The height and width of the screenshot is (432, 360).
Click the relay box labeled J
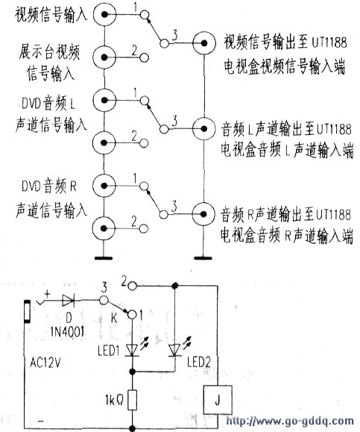click(x=218, y=400)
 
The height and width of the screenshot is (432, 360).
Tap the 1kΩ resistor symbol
click(x=133, y=400)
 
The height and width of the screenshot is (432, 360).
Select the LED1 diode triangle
click(x=133, y=351)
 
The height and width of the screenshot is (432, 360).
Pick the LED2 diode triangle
click(x=174, y=351)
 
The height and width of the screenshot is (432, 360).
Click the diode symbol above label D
click(x=69, y=300)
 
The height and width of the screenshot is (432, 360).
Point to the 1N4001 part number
click(x=68, y=332)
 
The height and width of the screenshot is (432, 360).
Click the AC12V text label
click(x=45, y=363)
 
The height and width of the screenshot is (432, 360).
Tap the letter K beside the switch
click(x=114, y=318)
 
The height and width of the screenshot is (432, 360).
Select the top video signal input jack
click(x=104, y=15)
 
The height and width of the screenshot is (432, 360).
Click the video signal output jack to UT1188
click(x=204, y=43)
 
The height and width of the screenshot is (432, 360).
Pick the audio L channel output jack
click(x=204, y=128)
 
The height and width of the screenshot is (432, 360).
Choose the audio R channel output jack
click(x=204, y=214)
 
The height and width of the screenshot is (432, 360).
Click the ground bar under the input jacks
click(x=104, y=258)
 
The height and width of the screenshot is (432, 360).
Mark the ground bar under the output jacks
click(x=203, y=258)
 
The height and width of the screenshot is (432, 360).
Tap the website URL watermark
click(x=290, y=422)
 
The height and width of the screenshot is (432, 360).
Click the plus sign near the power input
click(x=48, y=295)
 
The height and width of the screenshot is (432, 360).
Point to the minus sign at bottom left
click(x=41, y=422)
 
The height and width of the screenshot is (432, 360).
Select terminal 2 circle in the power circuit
click(x=133, y=286)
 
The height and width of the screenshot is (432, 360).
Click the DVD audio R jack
click(x=104, y=186)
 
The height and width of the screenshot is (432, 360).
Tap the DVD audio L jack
click(x=104, y=100)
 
